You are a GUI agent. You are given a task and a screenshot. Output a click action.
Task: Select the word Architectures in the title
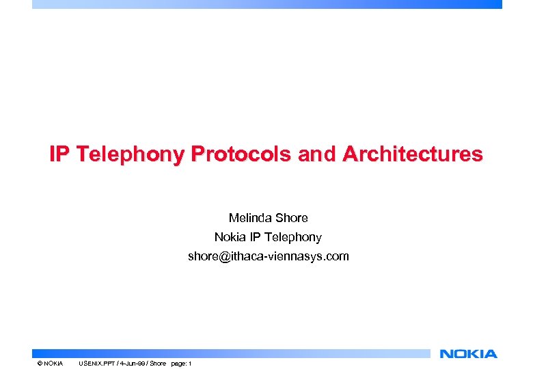tap(413, 154)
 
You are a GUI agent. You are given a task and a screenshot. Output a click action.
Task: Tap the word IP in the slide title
tap(59, 154)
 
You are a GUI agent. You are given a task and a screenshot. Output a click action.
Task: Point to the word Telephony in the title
tap(130, 154)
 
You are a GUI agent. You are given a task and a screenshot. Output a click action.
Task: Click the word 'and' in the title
tap(318, 154)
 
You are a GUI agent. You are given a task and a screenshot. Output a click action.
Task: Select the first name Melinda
tap(250, 218)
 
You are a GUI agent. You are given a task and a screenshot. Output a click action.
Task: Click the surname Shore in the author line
tap(291, 218)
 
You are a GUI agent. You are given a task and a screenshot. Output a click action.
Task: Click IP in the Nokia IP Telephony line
tap(258, 237)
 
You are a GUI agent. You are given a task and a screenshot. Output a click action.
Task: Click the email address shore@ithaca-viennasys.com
tap(268, 256)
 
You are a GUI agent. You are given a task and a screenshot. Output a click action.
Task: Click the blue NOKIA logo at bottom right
tap(468, 353)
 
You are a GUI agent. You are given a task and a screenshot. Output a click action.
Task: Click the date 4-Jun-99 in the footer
tap(132, 363)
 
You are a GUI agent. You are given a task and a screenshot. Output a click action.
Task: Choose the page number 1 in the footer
tap(190, 363)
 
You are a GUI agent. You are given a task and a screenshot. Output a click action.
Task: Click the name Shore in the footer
tap(158, 363)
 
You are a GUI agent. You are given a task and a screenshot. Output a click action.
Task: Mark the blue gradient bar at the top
tap(266, 4)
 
